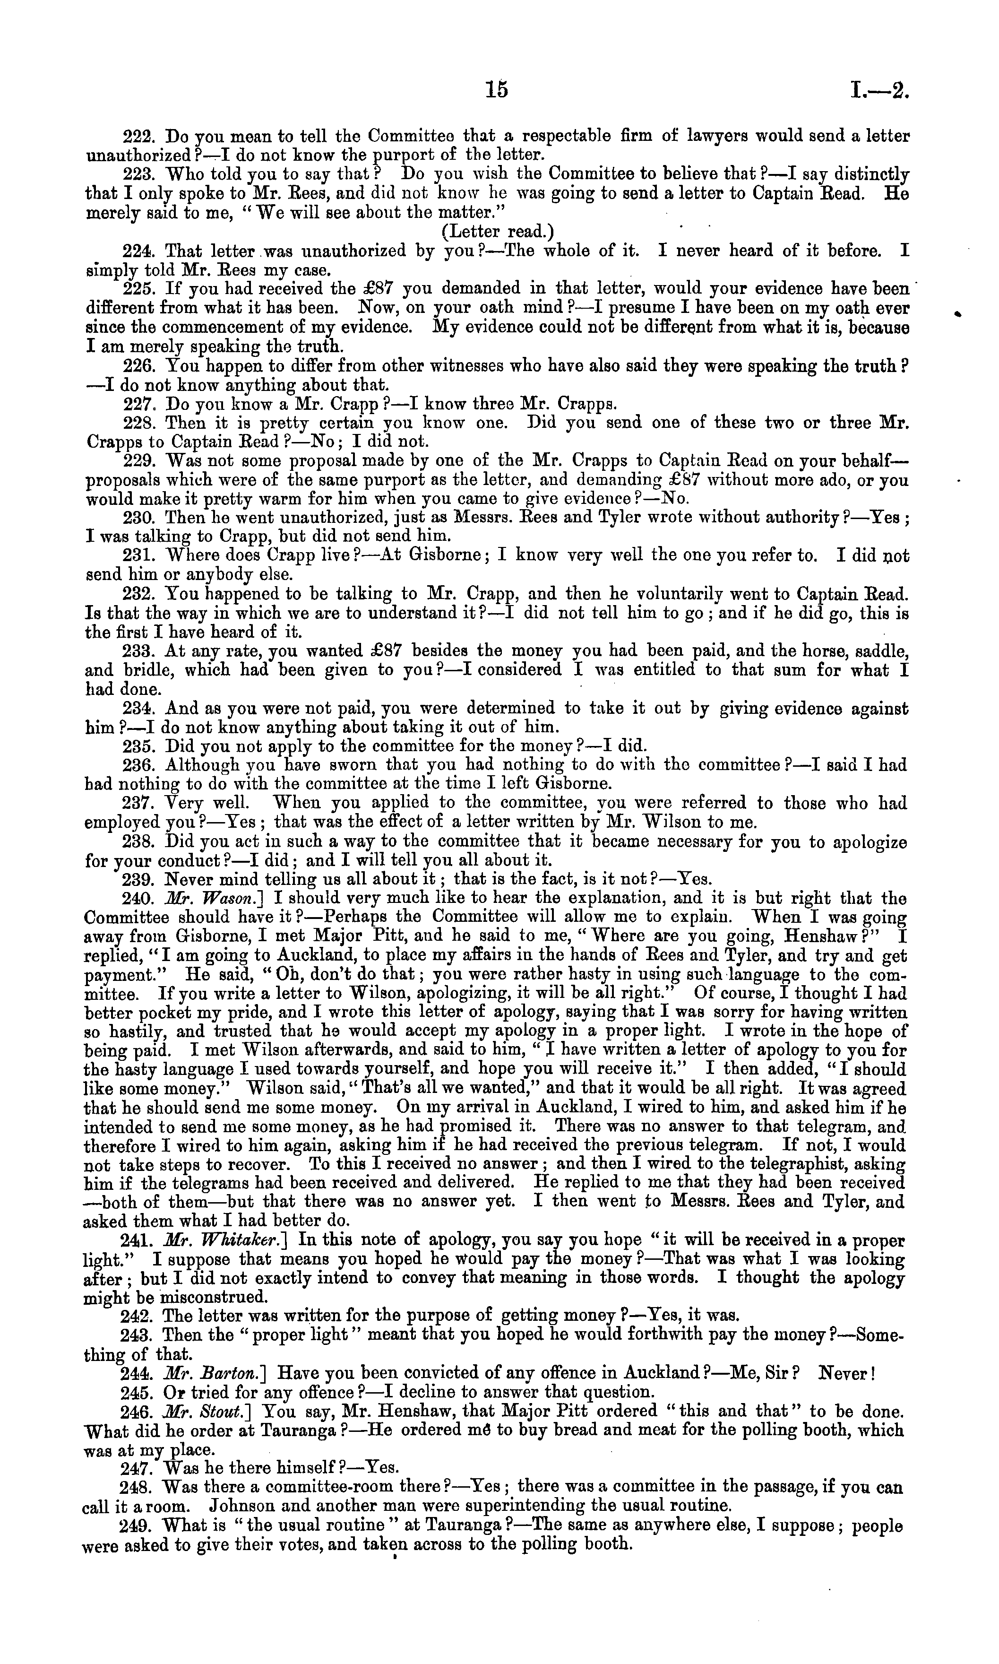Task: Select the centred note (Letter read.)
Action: (498, 232)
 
